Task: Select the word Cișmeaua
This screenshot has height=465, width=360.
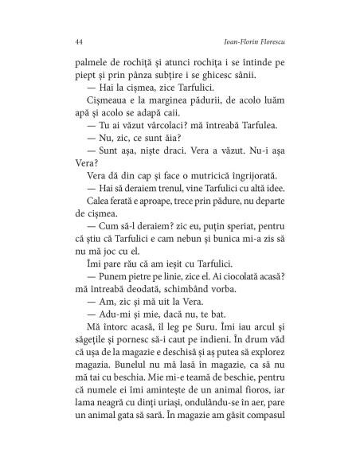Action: pos(84,116)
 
